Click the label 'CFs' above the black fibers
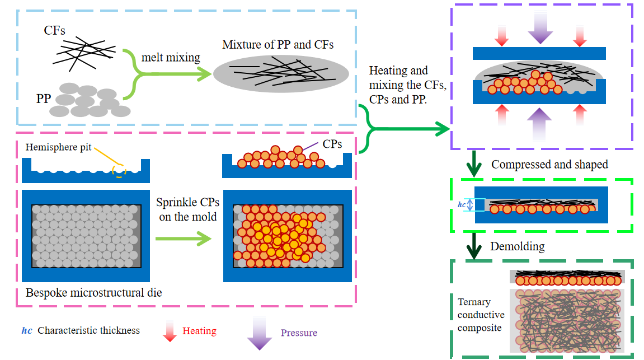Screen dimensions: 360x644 [x=55, y=31]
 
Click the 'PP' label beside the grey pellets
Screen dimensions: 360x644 [x=44, y=99]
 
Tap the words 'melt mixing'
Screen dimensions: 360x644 [x=171, y=57]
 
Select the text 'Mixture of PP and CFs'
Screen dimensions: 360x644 [x=278, y=45]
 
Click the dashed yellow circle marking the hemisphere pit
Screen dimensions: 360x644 [x=119, y=170]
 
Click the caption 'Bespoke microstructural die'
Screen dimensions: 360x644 [x=93, y=292]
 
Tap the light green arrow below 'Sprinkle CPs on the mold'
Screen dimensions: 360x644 [x=184, y=239]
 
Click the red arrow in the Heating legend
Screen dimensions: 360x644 [x=169, y=331]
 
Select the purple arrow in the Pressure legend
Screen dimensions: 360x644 [x=260, y=333]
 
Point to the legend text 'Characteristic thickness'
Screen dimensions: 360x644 [x=88, y=330]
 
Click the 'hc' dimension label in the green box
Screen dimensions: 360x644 [x=462, y=205]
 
